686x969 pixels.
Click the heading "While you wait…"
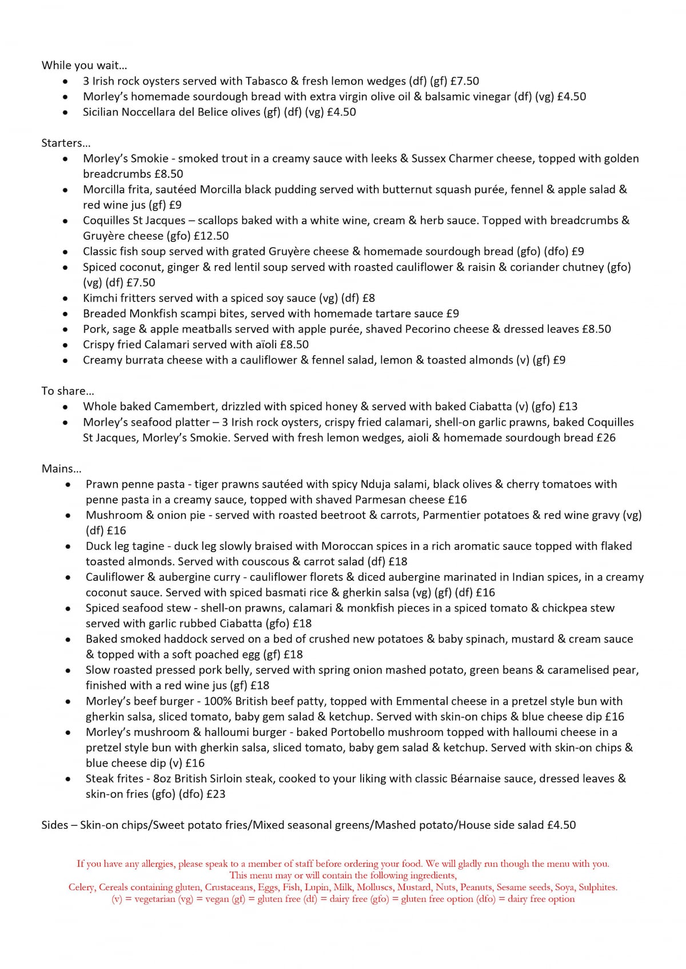tap(84, 65)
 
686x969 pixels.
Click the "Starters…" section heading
tap(66, 143)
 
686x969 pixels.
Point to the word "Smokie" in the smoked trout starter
tap(150, 158)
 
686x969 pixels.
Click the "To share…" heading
tap(67, 391)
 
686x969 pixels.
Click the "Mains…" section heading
tap(61, 469)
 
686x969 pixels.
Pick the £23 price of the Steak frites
tap(216, 794)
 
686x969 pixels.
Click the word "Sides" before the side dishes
tap(55, 825)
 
